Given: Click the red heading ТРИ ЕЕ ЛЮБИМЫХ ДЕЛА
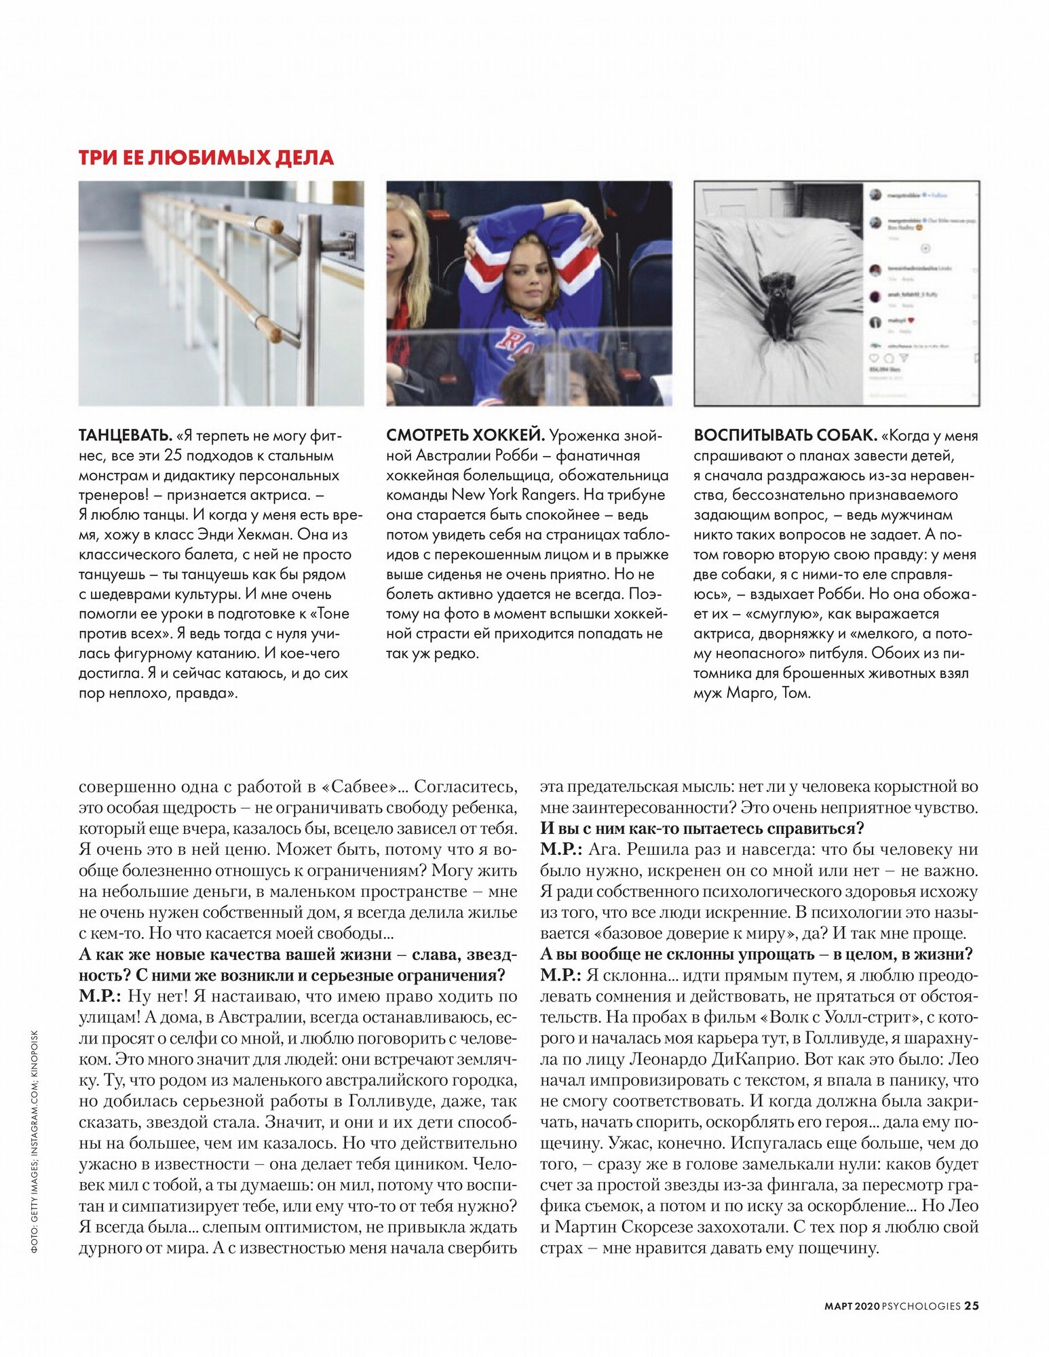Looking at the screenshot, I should [x=206, y=157].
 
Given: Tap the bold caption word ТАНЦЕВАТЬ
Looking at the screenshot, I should [x=126, y=436].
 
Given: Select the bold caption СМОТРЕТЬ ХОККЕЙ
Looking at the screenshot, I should [x=465, y=436].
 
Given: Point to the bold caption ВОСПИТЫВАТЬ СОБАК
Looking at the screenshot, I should [x=786, y=436].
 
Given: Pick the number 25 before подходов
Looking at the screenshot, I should [x=174, y=455].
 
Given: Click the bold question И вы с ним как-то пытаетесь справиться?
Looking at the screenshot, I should [x=702, y=828].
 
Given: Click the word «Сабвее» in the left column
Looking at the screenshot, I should [x=358, y=786].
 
